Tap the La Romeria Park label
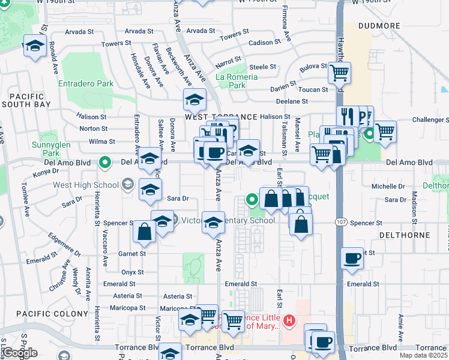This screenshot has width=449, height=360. tap(237, 81)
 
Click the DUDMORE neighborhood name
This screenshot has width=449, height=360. tap(379, 26)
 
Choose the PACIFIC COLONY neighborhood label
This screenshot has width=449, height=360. tap(44, 314)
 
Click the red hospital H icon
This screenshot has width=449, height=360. tap(289, 322)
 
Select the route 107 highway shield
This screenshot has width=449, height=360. tap(340, 223)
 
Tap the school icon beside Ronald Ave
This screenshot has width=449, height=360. tap(35, 46)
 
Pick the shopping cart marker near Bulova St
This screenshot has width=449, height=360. tap(339, 73)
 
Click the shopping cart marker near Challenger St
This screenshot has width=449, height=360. tap(385, 131)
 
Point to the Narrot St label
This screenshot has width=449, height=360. tap(228, 61)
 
